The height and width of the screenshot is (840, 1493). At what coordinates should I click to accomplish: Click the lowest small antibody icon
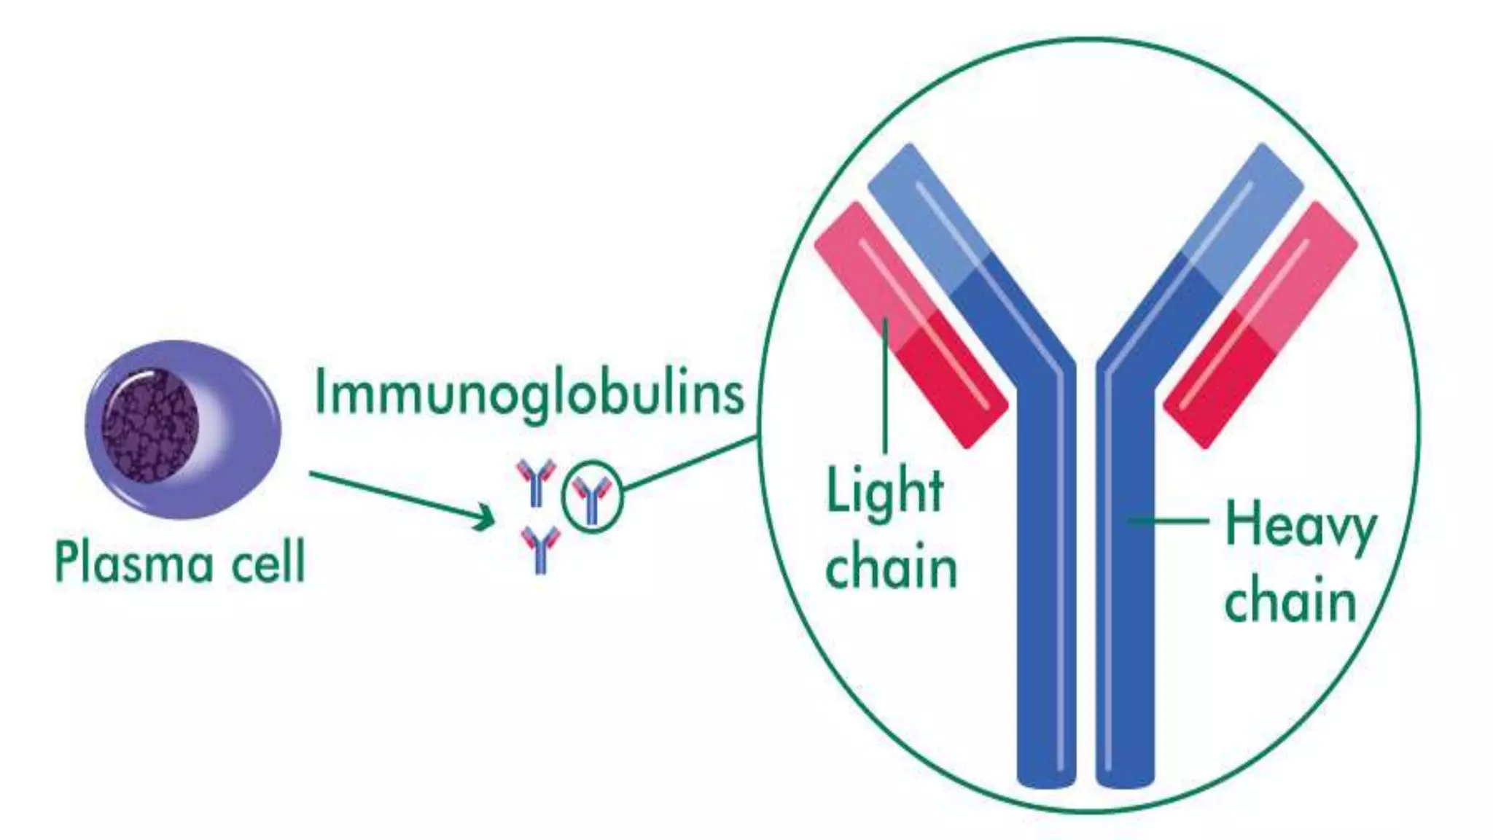(x=540, y=549)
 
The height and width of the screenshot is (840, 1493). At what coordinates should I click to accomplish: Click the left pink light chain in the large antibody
(x=911, y=324)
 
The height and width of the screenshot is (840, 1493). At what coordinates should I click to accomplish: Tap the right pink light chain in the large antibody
(x=1261, y=324)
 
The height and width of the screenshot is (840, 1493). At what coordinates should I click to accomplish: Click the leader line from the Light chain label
(x=885, y=386)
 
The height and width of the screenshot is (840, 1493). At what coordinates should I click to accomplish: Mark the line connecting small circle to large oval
(x=689, y=464)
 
